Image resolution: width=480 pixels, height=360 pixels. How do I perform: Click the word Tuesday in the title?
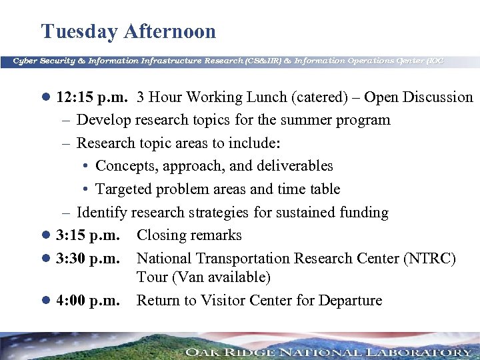pyautogui.click(x=81, y=32)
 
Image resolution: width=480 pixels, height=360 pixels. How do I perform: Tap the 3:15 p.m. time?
pyautogui.click(x=88, y=235)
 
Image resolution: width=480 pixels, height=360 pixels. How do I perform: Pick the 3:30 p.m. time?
pyautogui.click(x=88, y=258)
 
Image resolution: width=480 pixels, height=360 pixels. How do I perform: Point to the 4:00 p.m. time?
pyautogui.click(x=88, y=301)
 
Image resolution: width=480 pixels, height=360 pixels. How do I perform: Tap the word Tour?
pyautogui.click(x=153, y=277)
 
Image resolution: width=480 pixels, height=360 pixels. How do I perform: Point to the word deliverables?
pyautogui.click(x=292, y=166)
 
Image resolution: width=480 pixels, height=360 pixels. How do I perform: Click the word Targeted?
pyautogui.click(x=123, y=189)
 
